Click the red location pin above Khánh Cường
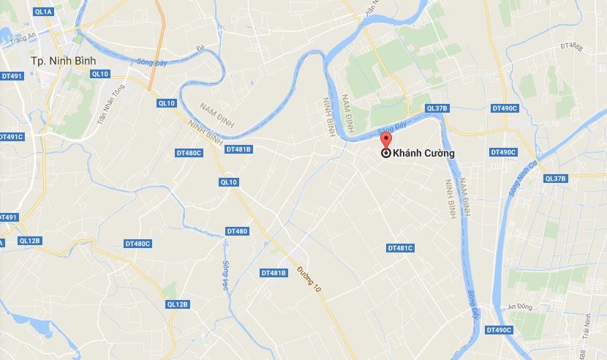(x=386, y=140)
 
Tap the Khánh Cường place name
(x=423, y=154)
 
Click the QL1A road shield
(x=43, y=12)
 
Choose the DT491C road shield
(x=10, y=137)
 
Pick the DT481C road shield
(x=400, y=248)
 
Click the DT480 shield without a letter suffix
(x=237, y=231)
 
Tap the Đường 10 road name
(x=309, y=280)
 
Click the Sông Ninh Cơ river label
(x=521, y=179)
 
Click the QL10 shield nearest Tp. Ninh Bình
(x=100, y=74)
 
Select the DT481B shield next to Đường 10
(x=273, y=273)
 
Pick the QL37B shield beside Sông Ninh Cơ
(x=556, y=179)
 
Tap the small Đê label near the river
(x=200, y=49)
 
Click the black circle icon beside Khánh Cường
(x=386, y=154)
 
